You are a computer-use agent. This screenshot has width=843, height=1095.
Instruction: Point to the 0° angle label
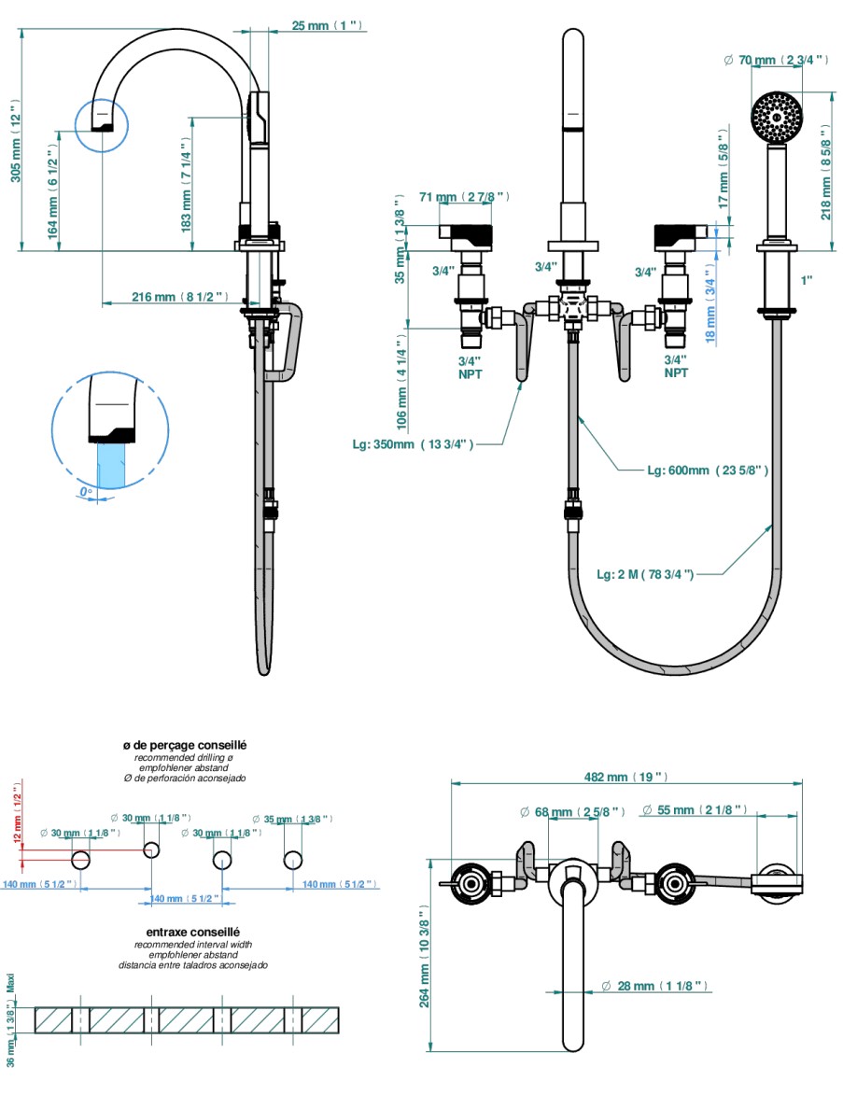pos(86,491)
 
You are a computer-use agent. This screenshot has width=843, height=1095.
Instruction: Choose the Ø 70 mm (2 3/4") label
pos(777,61)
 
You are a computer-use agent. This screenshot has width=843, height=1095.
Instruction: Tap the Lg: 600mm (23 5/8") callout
pos(708,470)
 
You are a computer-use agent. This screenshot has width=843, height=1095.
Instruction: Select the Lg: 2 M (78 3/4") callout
pos(644,573)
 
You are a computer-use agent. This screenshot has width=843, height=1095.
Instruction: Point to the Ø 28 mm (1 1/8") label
pos(655,986)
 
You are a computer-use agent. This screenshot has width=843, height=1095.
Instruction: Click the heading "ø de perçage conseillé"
pos(184,746)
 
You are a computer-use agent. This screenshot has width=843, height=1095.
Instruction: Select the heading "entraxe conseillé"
pos(193,932)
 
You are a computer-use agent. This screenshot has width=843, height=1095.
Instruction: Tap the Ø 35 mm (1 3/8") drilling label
pos(292,819)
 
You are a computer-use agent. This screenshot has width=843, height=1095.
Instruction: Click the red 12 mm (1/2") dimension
pos(16,817)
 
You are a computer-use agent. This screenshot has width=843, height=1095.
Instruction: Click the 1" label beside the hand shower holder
pos(806,279)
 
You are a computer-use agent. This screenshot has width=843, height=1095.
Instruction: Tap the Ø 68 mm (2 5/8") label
pos(571,811)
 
